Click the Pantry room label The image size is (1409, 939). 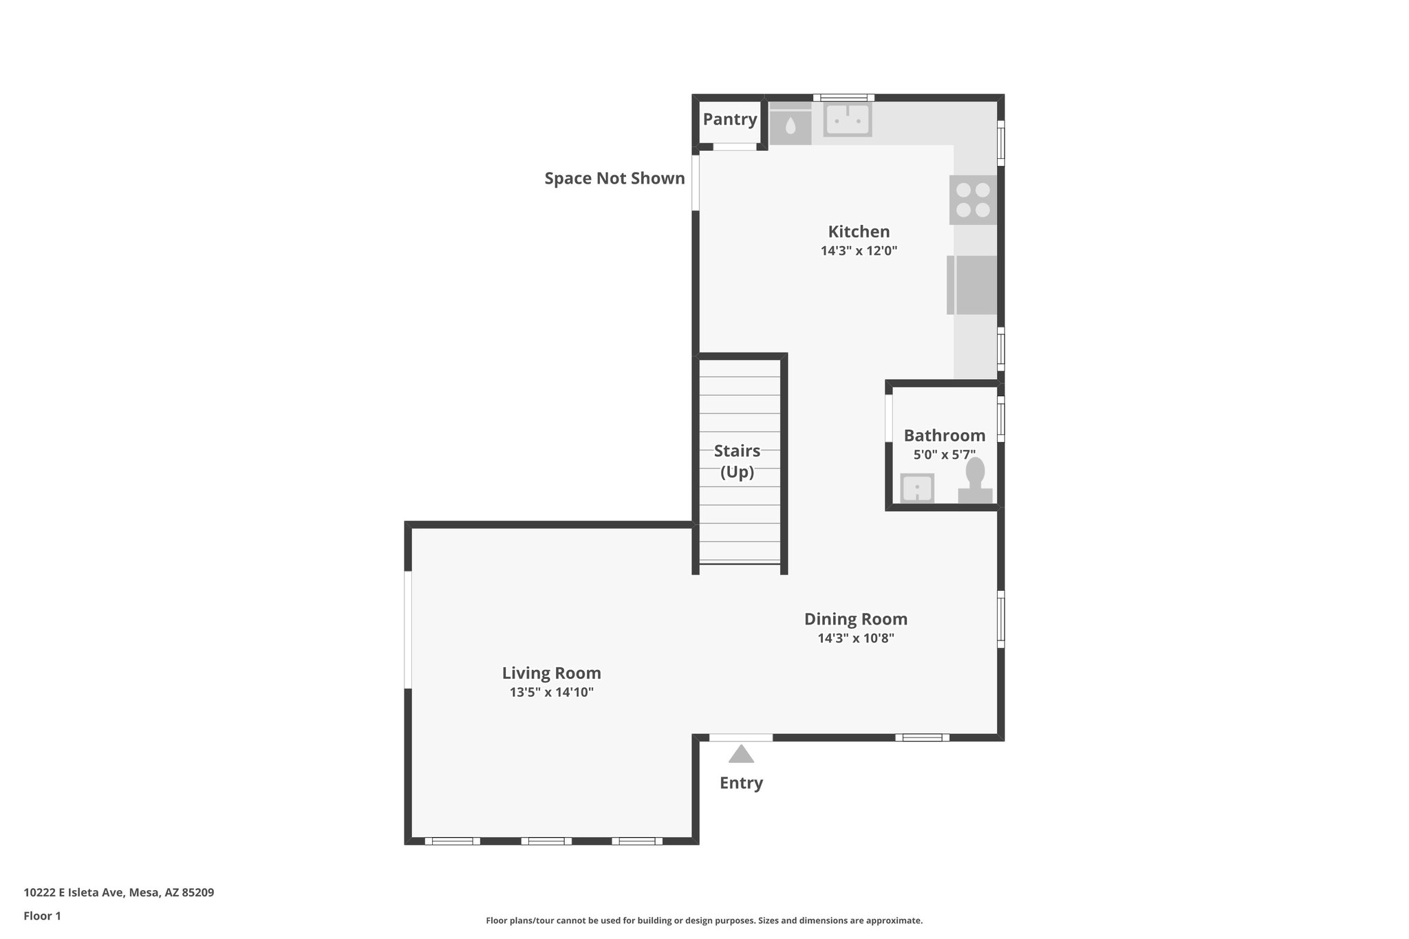pos(729,119)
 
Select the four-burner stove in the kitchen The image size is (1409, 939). pos(973,199)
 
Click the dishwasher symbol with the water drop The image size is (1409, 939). pos(790,125)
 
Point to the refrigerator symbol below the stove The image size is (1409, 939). pos(972,285)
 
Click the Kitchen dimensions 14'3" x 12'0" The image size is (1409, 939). pos(859,250)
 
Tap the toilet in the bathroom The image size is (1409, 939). pos(975,482)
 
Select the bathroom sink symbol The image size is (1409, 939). pos(917,488)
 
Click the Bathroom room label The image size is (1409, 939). pos(944,435)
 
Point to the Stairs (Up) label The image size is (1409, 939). pos(737,461)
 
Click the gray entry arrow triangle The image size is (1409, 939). pos(741,755)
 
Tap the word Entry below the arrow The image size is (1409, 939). pos(741,783)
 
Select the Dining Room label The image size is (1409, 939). pos(856,619)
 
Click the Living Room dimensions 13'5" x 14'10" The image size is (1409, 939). pos(551,692)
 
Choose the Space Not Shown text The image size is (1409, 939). pos(614,178)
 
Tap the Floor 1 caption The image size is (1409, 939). pos(42,916)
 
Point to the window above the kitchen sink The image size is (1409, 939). pos(843,98)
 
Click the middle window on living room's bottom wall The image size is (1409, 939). pos(546,841)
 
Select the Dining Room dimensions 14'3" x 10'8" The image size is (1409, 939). pos(856,638)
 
